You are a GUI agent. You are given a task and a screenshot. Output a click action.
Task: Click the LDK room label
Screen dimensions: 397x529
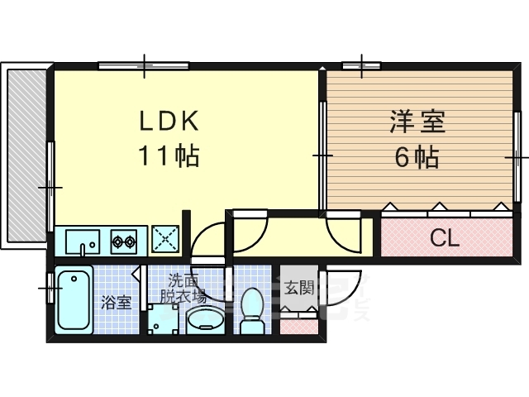(x=168, y=122)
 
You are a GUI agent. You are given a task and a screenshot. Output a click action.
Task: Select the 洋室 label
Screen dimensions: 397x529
(x=417, y=122)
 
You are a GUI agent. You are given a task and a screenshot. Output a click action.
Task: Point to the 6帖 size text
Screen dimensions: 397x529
(x=417, y=155)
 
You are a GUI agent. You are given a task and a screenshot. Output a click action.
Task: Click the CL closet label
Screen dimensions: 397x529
(x=444, y=239)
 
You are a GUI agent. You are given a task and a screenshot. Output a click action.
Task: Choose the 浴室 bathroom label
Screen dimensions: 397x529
(x=116, y=302)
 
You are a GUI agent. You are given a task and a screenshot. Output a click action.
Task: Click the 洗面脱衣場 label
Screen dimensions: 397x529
(x=183, y=286)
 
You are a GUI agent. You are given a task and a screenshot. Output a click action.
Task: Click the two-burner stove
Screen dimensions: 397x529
(x=125, y=242)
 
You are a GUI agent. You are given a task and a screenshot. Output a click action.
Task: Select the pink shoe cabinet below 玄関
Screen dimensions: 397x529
(x=298, y=325)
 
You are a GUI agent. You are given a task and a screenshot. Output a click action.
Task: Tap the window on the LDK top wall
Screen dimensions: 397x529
(x=145, y=65)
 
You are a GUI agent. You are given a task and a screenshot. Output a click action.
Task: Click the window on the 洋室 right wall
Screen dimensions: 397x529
(x=519, y=155)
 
